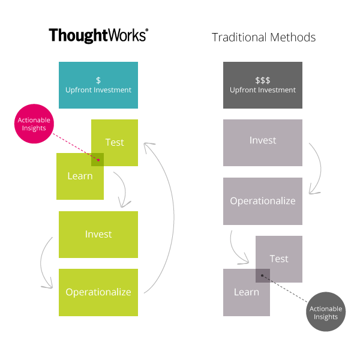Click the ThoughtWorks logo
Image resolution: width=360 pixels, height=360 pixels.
pyautogui.click(x=98, y=35)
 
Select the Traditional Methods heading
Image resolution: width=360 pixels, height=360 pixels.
pyautogui.click(x=263, y=37)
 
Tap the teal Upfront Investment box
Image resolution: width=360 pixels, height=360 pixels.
pyautogui.click(x=98, y=85)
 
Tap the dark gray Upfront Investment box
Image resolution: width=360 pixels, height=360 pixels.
pyautogui.click(x=263, y=85)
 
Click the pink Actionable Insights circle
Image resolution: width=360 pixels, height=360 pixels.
pyautogui.click(x=34, y=124)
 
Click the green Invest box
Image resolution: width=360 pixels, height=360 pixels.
pyautogui.click(x=98, y=234)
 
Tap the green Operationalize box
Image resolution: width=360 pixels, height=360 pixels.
pyautogui.click(x=98, y=292)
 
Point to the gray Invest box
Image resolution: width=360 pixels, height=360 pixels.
pyautogui.click(x=263, y=143)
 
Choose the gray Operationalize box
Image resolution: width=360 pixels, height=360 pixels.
pyautogui.click(x=263, y=201)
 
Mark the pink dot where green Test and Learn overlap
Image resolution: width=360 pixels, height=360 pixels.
pyautogui.click(x=98, y=160)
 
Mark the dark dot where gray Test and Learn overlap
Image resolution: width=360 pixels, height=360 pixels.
pyautogui.click(x=262, y=276)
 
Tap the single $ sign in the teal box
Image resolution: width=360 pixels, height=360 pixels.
pyautogui.click(x=98, y=80)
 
